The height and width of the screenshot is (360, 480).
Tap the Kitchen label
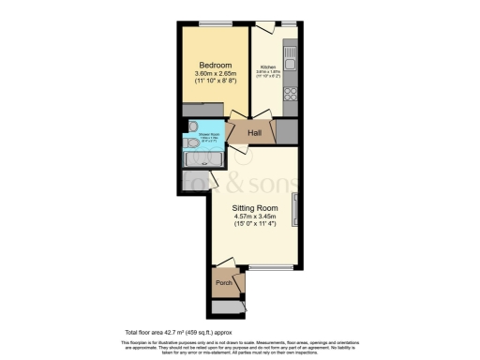[x=267, y=67]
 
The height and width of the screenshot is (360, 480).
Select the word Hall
[x=254, y=133]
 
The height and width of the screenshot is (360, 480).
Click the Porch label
[x=223, y=282]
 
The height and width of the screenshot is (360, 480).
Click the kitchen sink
[x=292, y=54]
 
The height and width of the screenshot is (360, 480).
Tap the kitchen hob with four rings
[x=290, y=95]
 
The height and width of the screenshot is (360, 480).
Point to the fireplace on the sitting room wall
[x=297, y=208]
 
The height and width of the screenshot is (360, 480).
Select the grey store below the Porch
[x=225, y=307]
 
